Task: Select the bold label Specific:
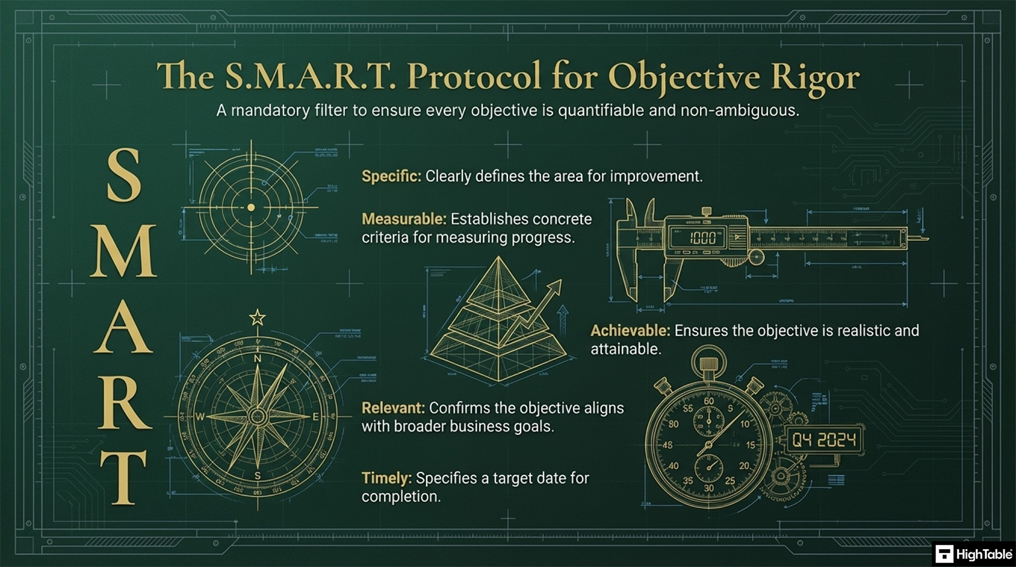(391, 177)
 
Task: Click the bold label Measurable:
(404, 219)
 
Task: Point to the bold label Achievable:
(630, 331)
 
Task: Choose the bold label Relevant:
(393, 408)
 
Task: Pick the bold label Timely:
(387, 478)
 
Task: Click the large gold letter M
(124, 252)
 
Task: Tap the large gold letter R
(124, 402)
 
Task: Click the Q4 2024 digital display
(824, 440)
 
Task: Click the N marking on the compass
(257, 359)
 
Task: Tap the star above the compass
(257, 318)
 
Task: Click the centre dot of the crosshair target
(251, 208)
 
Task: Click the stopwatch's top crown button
(708, 365)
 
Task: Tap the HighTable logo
(973, 554)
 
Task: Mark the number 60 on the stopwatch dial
(708, 401)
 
